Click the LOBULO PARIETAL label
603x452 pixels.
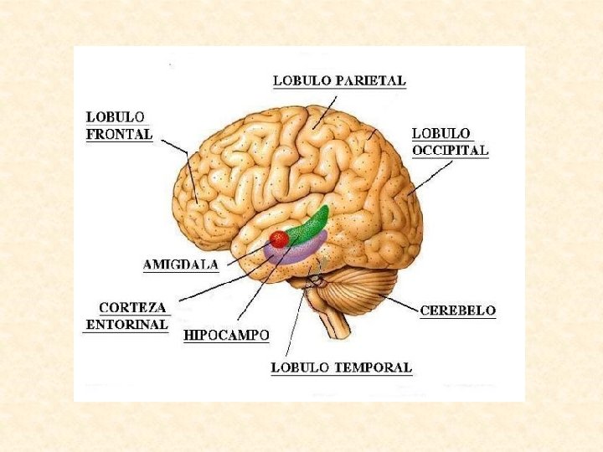click(x=339, y=81)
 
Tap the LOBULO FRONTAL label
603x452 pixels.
click(x=119, y=126)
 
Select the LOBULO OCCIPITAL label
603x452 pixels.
click(x=450, y=142)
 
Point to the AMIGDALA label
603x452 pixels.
click(x=181, y=265)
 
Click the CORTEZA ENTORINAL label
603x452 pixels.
click(x=128, y=316)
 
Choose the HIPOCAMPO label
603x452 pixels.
click(x=226, y=336)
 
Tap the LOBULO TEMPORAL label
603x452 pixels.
click(x=341, y=367)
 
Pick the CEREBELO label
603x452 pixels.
click(x=457, y=311)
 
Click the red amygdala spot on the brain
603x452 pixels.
click(x=279, y=239)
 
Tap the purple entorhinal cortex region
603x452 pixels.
click(x=297, y=250)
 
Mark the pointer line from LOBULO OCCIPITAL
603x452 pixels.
click(x=429, y=177)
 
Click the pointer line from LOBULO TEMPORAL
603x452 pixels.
click(x=295, y=322)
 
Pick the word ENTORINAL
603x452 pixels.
click(x=128, y=325)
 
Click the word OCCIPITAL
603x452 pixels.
click(x=450, y=151)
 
